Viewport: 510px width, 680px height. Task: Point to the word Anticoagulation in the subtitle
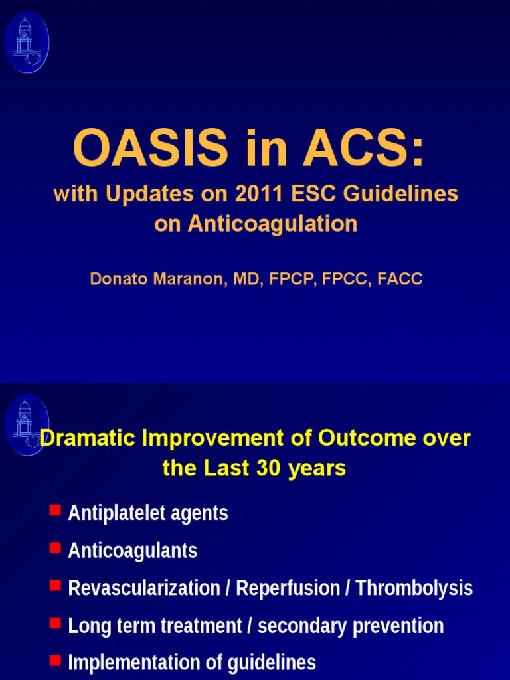click(x=272, y=224)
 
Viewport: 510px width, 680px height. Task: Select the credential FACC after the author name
click(x=399, y=279)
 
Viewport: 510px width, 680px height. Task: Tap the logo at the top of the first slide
click(x=27, y=42)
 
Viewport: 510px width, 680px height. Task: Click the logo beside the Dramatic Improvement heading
click(x=27, y=425)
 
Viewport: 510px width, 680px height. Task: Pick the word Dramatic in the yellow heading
click(x=87, y=439)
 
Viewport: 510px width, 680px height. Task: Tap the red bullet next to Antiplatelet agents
click(x=55, y=511)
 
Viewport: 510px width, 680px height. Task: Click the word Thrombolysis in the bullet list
click(x=414, y=588)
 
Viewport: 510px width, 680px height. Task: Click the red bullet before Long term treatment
click(x=55, y=624)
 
